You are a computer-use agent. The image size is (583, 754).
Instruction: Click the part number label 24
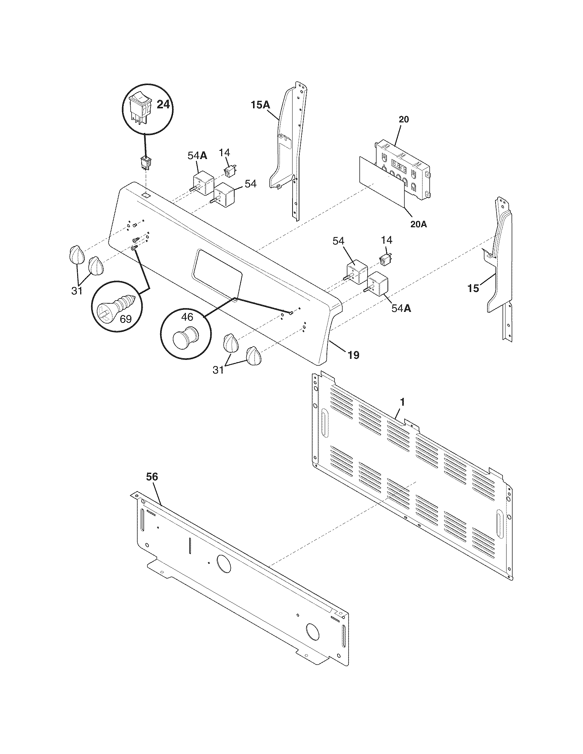click(x=163, y=104)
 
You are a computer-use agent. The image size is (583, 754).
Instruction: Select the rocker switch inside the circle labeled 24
click(x=141, y=107)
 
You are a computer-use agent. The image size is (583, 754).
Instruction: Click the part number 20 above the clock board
click(x=403, y=120)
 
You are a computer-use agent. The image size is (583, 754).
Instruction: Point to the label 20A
click(x=419, y=224)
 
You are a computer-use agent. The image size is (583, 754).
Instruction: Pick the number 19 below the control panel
click(x=353, y=355)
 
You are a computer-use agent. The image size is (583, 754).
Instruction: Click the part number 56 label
click(x=152, y=477)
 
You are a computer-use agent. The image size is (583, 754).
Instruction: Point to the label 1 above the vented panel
click(x=402, y=402)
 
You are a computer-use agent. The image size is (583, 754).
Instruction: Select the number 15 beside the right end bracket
click(x=473, y=288)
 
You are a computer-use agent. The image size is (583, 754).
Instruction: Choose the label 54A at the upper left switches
click(x=198, y=156)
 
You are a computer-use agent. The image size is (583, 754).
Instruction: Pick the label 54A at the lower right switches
click(x=401, y=308)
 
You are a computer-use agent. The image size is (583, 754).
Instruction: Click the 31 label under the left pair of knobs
click(x=77, y=291)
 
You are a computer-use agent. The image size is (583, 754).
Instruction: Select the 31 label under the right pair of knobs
click(x=218, y=370)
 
